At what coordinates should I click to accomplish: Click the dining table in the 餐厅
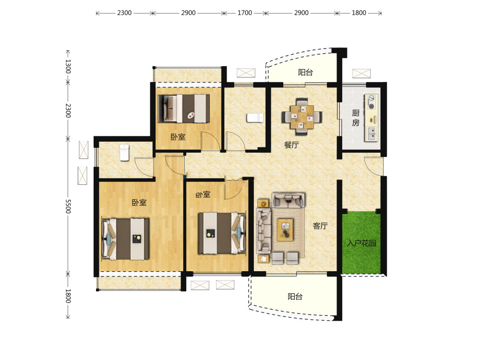(x=302, y=117)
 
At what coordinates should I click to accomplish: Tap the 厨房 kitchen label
(x=355, y=118)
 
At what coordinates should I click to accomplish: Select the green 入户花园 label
(x=361, y=243)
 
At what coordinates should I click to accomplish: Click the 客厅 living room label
(x=320, y=226)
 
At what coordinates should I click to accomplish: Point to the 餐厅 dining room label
(x=291, y=145)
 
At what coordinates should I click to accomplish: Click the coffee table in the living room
(x=285, y=229)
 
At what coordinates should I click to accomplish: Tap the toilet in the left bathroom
(x=124, y=153)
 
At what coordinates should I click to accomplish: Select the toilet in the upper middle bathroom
(x=255, y=118)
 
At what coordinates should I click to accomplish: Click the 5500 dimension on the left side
(x=68, y=206)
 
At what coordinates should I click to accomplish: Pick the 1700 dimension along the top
(x=245, y=13)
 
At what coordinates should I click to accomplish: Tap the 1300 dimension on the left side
(x=68, y=66)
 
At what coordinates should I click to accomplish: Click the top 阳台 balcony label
(x=305, y=72)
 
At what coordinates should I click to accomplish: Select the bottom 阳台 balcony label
(x=295, y=296)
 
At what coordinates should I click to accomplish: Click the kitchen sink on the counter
(x=372, y=133)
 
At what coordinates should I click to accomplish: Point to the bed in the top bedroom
(x=184, y=108)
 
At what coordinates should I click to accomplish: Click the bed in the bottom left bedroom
(x=125, y=239)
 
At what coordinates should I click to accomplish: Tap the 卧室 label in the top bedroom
(x=178, y=137)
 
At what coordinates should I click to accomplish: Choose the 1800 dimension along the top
(x=359, y=13)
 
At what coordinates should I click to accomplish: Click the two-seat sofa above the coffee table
(x=288, y=200)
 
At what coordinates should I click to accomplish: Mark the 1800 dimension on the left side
(x=68, y=296)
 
